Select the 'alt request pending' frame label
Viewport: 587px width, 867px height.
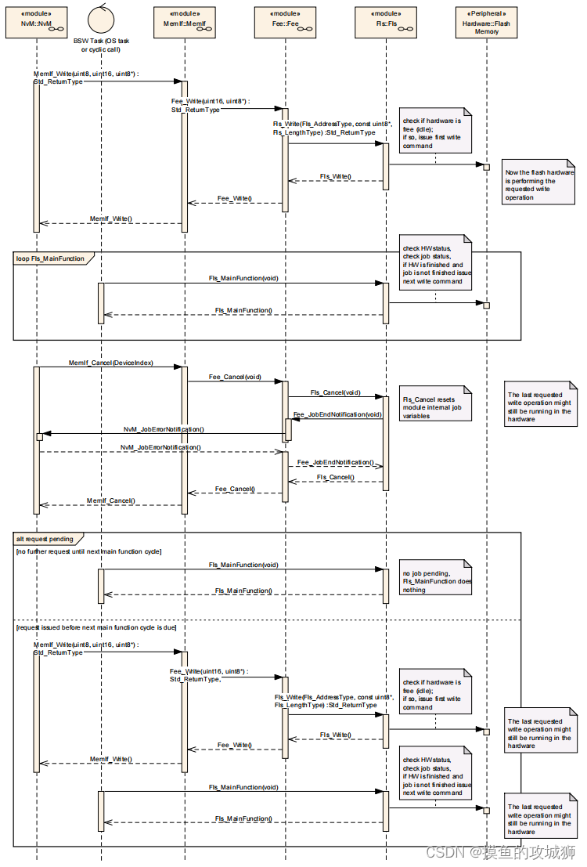click(x=45, y=539)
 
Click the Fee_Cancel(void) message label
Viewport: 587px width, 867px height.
click(x=235, y=377)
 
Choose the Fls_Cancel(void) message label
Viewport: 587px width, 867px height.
click(x=335, y=392)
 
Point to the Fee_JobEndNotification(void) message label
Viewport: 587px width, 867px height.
click(x=337, y=414)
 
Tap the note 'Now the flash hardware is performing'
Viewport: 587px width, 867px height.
click(x=539, y=185)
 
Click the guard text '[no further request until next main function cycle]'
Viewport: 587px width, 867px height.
click(x=88, y=552)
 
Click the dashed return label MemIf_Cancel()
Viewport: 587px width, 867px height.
click(x=110, y=500)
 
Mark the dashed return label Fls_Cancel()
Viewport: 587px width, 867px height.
click(x=335, y=477)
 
